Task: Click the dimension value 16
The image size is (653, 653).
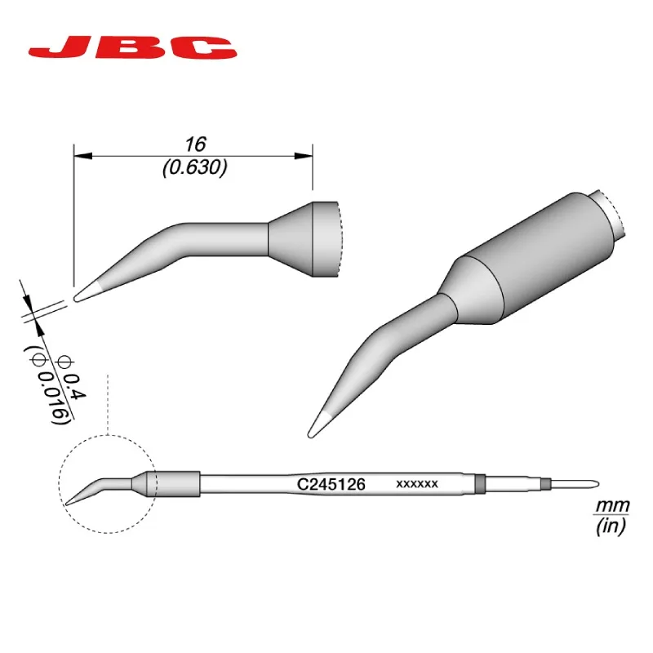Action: point(193,144)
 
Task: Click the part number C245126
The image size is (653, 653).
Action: point(330,484)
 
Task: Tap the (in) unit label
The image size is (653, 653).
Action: point(609,527)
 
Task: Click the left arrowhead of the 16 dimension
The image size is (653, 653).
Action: point(80,155)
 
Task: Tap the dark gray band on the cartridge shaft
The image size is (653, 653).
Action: point(480,484)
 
